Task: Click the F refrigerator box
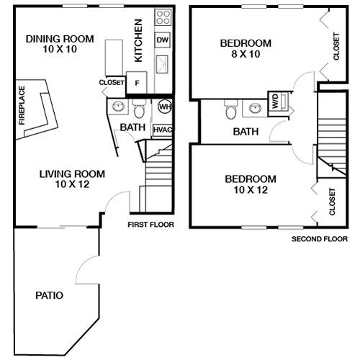point(137,82)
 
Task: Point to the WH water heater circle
point(165,107)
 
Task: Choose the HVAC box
point(163,130)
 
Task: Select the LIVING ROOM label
point(72,174)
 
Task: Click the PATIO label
point(49,295)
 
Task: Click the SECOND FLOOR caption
point(320,239)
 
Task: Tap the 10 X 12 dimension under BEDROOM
point(251,190)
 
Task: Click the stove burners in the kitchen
point(163,16)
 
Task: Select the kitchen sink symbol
point(163,63)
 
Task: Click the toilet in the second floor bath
point(230,111)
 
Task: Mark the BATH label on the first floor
point(132,127)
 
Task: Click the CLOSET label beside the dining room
point(112,83)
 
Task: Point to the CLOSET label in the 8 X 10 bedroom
point(337,46)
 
